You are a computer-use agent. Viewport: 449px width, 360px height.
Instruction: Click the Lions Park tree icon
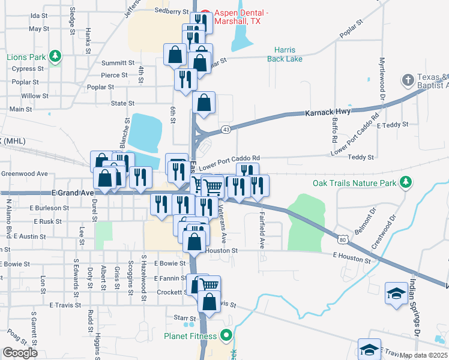pos(55,56)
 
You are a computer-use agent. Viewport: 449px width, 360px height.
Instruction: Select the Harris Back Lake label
pos(288,55)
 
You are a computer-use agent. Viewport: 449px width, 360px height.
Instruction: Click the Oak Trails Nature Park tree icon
pos(406,182)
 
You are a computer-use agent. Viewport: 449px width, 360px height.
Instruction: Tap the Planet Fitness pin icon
pos(226,335)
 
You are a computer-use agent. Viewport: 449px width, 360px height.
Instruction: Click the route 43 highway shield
pos(226,130)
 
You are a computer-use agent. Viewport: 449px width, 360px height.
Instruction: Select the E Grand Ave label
pos(73,193)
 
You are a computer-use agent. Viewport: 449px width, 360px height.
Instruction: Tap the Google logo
pos(20,353)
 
